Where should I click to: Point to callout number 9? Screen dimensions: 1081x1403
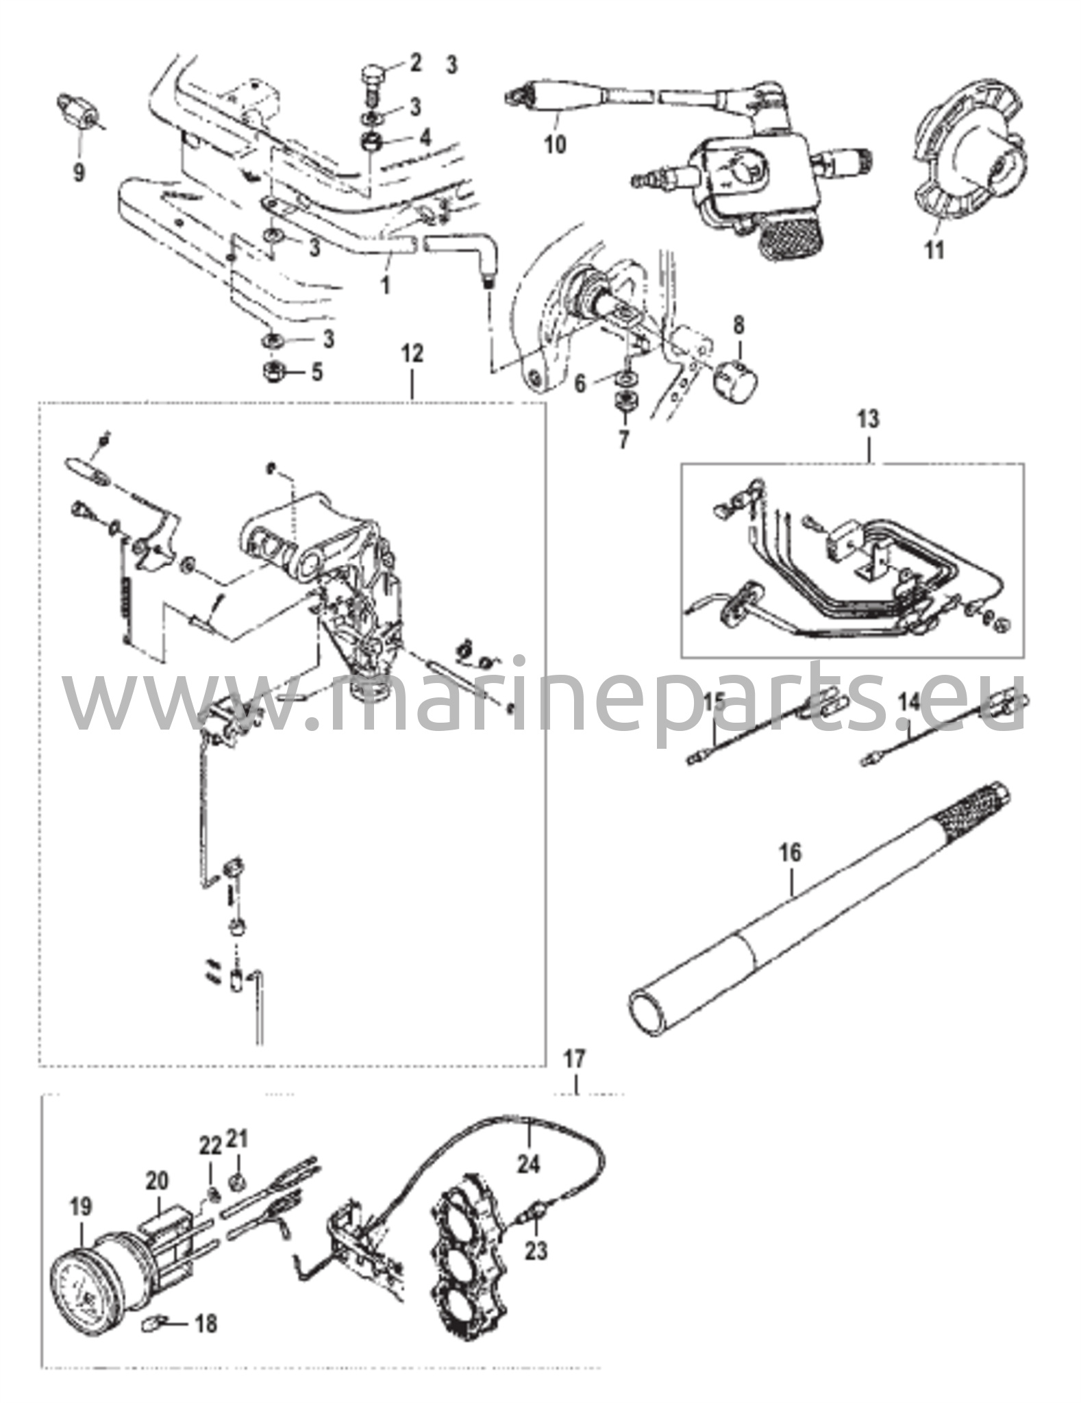[79, 172]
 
